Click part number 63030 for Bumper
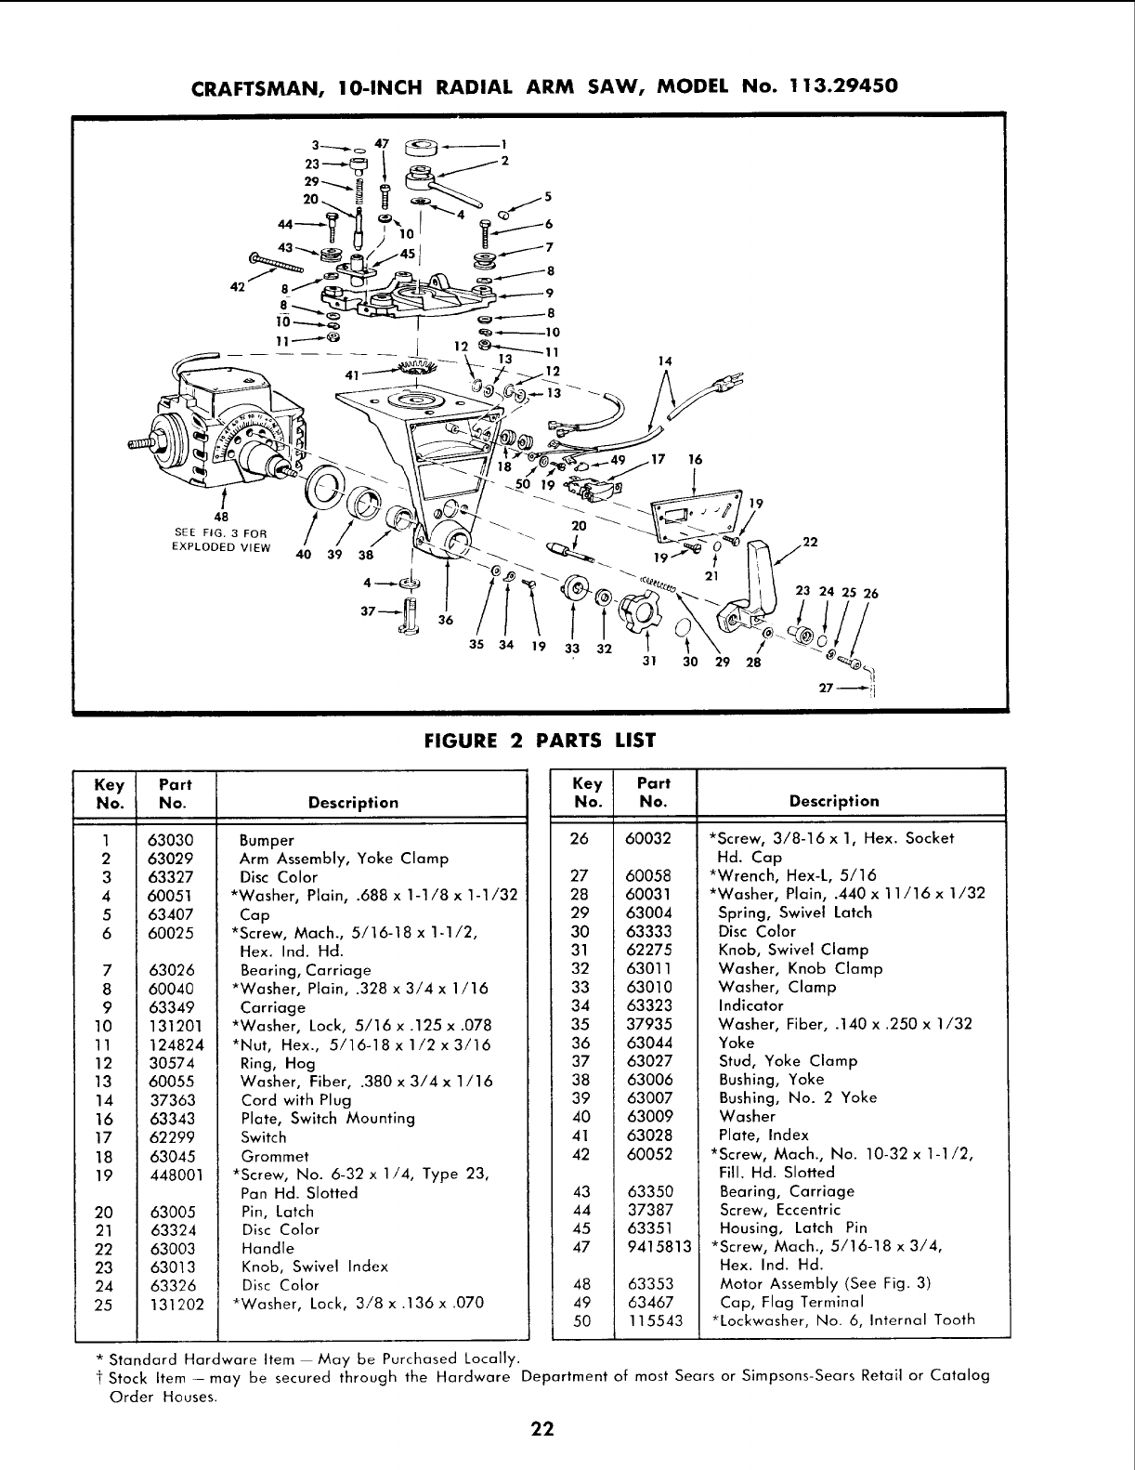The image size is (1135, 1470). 170,840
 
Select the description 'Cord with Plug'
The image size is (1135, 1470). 283,1100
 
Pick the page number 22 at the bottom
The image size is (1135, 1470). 542,1430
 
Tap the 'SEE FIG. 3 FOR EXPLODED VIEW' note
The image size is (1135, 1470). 220,540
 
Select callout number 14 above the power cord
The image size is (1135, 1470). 663,361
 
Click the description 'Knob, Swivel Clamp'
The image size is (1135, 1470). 793,950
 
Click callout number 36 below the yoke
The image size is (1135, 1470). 444,621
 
